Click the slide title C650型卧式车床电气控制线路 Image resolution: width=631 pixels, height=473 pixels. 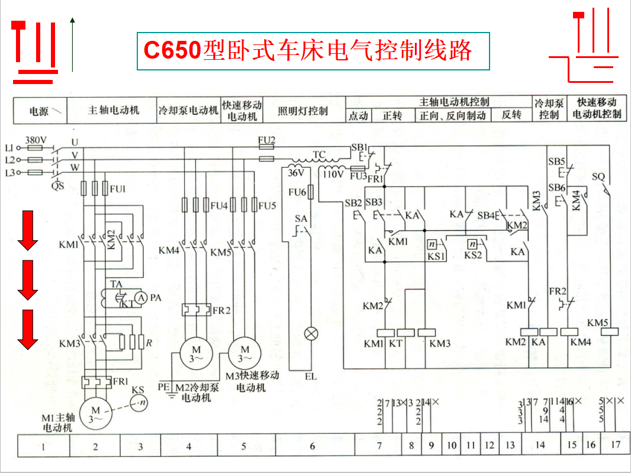tap(308, 51)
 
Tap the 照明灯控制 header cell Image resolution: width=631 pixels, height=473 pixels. tap(302, 111)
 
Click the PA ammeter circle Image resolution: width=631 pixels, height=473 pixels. tap(141, 298)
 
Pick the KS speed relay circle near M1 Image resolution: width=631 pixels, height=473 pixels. tap(140, 403)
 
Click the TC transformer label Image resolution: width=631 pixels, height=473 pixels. tap(319, 155)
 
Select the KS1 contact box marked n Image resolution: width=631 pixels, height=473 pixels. tap(432, 244)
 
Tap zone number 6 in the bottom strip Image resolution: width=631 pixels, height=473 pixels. tap(313, 446)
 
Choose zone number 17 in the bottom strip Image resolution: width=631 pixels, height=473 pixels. tap(616, 445)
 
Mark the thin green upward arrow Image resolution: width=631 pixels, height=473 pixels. tap(72, 44)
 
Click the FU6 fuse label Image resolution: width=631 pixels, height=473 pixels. tap(297, 192)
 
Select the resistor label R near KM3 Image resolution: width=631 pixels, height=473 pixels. tap(149, 342)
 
